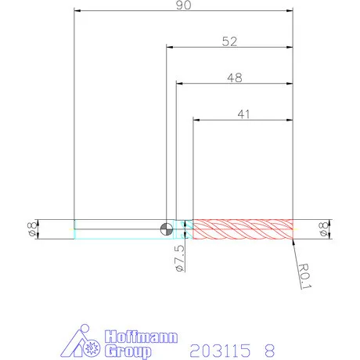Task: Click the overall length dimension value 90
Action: pos(183,5)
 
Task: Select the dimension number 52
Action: pos(229,41)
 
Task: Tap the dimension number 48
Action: pos(235,77)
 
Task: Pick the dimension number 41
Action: pos(243,114)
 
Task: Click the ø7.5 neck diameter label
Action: pos(180,258)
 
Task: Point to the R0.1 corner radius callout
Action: pos(304,276)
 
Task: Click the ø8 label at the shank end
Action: pos(32,229)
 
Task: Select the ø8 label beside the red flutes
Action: pos(323,229)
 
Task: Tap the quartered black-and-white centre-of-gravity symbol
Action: pos(167,229)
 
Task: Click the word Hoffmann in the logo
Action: pos(141,337)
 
